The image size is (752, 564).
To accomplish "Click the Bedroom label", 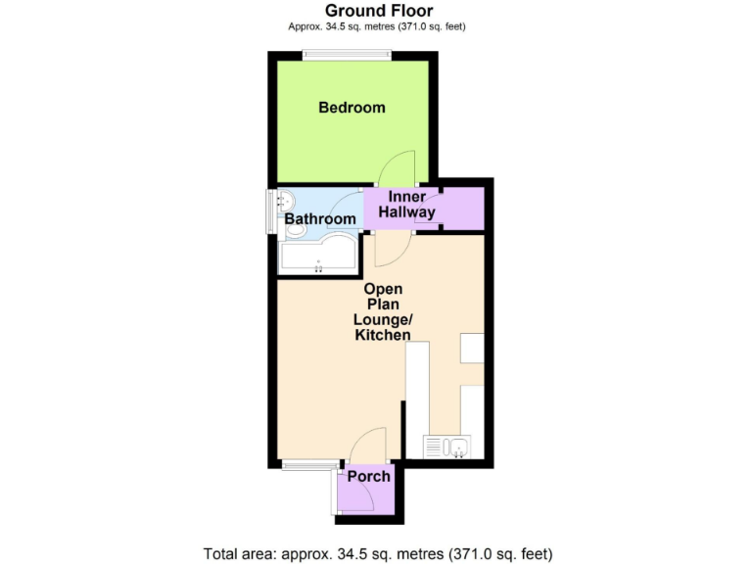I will pos(352,108).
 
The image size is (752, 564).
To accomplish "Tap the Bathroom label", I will pos(319,219).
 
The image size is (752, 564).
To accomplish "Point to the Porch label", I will pos(369,477).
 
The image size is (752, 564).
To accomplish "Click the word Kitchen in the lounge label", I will pos(382,336).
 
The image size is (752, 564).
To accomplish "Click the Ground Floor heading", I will pos(376,11).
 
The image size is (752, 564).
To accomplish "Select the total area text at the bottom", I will pos(376,552).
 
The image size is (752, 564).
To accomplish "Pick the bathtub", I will pos(315,257).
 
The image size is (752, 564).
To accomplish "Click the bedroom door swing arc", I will pos(398,166).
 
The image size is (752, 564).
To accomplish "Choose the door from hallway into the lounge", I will pos(388,251).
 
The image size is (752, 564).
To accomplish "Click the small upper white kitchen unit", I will pos(472,348).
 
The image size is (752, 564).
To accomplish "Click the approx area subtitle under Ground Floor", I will pos(376,26).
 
